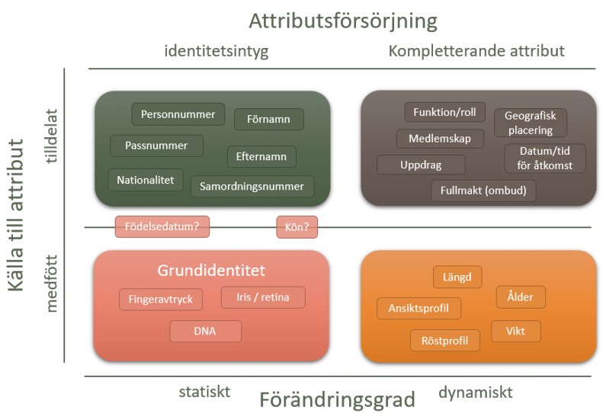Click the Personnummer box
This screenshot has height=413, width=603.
[x=178, y=114]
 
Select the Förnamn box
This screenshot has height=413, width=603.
[x=269, y=119]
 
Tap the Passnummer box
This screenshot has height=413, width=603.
[x=156, y=146]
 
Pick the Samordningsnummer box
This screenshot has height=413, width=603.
[x=252, y=187]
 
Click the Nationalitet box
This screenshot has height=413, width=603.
[x=146, y=180]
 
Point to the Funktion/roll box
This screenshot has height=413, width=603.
[x=445, y=112]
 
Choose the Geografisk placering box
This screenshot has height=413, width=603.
[x=531, y=123]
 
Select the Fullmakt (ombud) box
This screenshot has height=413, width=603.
[x=483, y=190]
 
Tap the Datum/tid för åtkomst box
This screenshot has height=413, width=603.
[x=545, y=158]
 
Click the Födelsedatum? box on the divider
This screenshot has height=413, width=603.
[x=162, y=226]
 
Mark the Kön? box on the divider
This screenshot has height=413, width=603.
[x=297, y=227]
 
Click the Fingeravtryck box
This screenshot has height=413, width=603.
[x=161, y=299]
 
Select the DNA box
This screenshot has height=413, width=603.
[x=205, y=331]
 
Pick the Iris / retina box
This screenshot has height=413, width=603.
[x=263, y=297]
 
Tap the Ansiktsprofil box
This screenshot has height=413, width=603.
[x=419, y=308]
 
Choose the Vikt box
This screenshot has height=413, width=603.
[x=515, y=331]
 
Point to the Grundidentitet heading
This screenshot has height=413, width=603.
[x=211, y=271]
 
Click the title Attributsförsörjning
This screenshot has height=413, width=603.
[x=343, y=21]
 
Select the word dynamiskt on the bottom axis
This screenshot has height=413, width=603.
[x=476, y=392]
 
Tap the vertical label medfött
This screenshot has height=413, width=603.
[x=51, y=283]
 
